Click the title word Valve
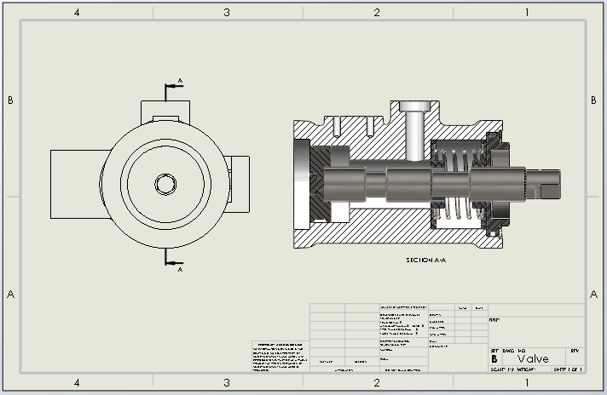[x=533, y=358]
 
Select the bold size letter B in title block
[x=494, y=358]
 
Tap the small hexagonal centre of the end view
[x=164, y=183]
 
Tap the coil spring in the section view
[x=456, y=183]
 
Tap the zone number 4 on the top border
[x=77, y=12]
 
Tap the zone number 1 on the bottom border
[x=527, y=382]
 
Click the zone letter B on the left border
[x=10, y=100]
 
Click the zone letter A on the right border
[x=594, y=295]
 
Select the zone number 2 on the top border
[x=377, y=12]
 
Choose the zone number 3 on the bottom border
[x=227, y=382]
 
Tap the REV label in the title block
[x=575, y=350]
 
